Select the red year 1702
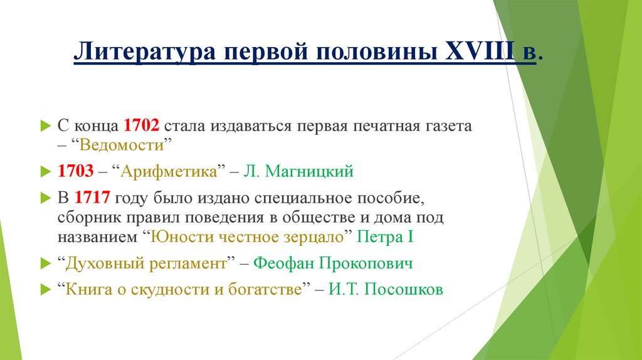(x=142, y=125)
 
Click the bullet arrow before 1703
(x=44, y=171)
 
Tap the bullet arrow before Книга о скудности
(x=44, y=291)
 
